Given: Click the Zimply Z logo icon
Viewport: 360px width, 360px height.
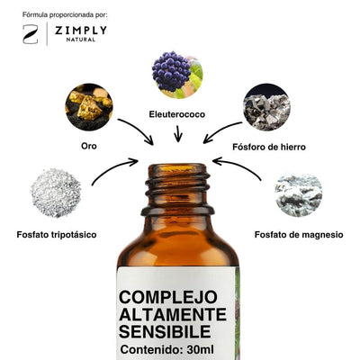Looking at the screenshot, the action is [x=31, y=34].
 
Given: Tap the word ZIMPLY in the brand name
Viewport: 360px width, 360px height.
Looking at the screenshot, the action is [x=81, y=31].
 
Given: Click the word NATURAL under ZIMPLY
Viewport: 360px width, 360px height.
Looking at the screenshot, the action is [x=81, y=40].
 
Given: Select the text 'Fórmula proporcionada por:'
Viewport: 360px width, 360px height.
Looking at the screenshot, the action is [x=65, y=14].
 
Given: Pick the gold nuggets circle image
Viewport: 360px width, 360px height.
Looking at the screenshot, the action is [x=89, y=107].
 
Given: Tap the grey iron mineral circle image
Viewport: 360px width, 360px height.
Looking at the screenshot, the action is [x=266, y=107].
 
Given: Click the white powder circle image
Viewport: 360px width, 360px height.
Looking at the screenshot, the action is [x=56, y=193].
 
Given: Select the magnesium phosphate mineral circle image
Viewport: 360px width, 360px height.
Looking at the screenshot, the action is [x=299, y=195].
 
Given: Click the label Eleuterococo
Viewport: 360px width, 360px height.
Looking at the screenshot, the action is [x=177, y=114].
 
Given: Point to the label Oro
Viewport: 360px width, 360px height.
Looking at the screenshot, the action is [x=89, y=146].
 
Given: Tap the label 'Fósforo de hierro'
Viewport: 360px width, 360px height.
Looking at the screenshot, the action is [x=269, y=147].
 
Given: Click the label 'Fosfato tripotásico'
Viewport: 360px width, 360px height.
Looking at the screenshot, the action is [x=57, y=234].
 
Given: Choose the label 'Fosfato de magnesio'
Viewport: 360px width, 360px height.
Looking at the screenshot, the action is [x=299, y=234].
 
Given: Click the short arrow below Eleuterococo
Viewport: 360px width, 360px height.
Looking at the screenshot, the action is [x=178, y=133].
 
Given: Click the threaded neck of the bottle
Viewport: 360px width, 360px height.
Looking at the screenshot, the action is [x=177, y=189].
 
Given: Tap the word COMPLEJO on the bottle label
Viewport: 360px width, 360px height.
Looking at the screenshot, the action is [x=167, y=297].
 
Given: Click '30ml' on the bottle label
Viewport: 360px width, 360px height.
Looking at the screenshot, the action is [x=201, y=349].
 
